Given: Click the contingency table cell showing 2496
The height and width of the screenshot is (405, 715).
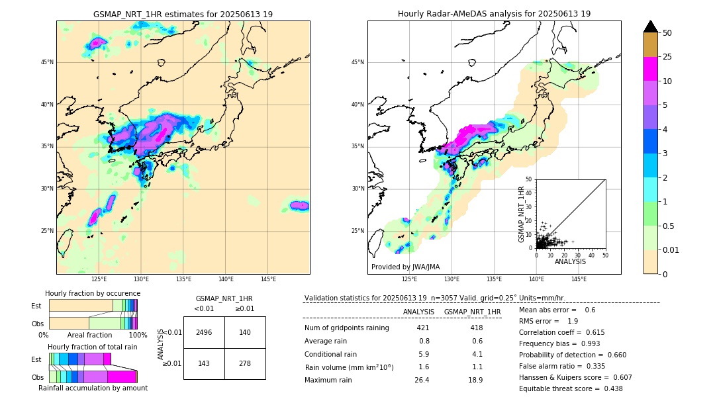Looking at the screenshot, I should pyautogui.click(x=204, y=332).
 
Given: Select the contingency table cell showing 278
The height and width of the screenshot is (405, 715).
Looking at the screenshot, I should pyautogui.click(x=245, y=364).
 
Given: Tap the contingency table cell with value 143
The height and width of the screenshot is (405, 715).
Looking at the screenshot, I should pyautogui.click(x=204, y=364).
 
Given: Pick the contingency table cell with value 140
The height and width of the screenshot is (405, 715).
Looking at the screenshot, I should pyautogui.click(x=245, y=332).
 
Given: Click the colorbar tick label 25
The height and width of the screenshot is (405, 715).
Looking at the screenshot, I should pyautogui.click(x=667, y=58).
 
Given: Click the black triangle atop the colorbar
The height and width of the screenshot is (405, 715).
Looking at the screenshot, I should pyautogui.click(x=651, y=26).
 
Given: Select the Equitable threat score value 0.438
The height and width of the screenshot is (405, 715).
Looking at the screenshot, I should pyautogui.click(x=609, y=388).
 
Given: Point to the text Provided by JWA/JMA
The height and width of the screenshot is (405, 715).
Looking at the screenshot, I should pyautogui.click(x=405, y=267).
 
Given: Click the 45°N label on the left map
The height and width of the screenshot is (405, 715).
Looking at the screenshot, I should pyautogui.click(x=47, y=62).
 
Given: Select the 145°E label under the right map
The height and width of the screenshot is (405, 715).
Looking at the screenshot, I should pyautogui.click(x=579, y=279).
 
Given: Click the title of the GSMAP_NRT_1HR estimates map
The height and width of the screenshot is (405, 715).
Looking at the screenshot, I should pyautogui.click(x=183, y=14).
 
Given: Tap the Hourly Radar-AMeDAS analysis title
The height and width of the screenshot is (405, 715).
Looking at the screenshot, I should pyautogui.click(x=494, y=14).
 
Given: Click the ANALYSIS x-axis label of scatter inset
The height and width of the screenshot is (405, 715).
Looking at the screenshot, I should pyautogui.click(x=570, y=261).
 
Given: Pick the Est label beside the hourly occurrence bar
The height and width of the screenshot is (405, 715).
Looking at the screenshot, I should pyautogui.click(x=36, y=306).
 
